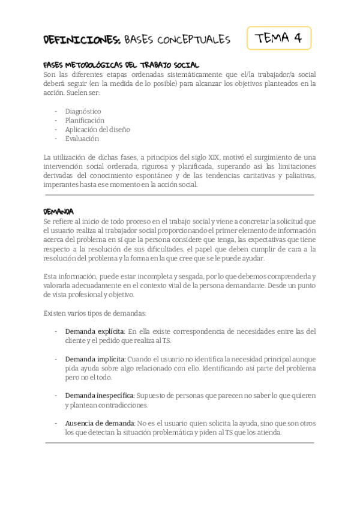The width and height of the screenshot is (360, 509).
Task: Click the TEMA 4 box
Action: coord(278,38)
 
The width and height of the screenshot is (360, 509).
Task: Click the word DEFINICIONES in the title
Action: coord(82,40)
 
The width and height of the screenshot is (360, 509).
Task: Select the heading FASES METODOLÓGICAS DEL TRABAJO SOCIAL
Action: coord(121,65)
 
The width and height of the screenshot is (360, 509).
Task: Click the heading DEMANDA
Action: coord(59,212)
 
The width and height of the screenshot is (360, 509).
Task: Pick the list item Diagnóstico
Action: coord(83,111)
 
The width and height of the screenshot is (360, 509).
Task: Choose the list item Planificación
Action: coord(85,120)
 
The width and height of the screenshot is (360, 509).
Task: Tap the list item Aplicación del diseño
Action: coord(97,129)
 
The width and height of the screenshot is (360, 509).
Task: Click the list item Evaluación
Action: coord(82,138)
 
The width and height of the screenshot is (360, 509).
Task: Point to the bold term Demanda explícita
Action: coord(95,331)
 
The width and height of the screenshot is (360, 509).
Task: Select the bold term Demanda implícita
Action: coord(95,359)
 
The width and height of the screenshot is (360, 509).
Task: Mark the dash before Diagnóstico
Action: coord(56,111)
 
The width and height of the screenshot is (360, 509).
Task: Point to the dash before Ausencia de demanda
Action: coord(56,423)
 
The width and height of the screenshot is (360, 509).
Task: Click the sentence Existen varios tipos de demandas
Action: coord(95,313)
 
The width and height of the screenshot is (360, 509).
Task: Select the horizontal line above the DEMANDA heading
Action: coord(179,195)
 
